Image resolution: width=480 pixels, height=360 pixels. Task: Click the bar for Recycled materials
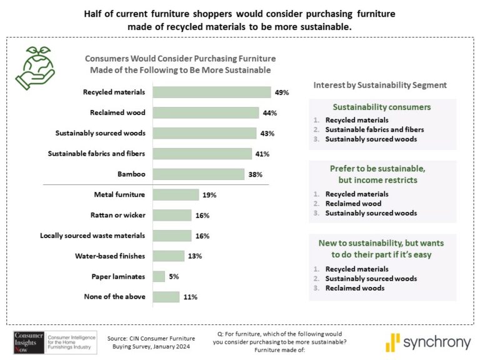pyautogui.click(x=211, y=92)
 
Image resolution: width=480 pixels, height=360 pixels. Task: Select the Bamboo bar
pyautogui.click(x=198, y=174)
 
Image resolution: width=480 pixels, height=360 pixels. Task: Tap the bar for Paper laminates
pyautogui.click(x=159, y=276)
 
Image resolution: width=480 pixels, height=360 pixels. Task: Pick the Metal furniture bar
pyautogui.click(x=176, y=195)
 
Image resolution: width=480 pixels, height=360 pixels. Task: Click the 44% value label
pyautogui.click(x=269, y=113)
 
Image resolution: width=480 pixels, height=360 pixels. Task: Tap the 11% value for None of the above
pyautogui.click(x=190, y=297)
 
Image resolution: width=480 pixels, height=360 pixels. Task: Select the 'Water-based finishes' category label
pyautogui.click(x=110, y=256)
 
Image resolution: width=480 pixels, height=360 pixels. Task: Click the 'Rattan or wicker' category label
pyautogui.click(x=118, y=216)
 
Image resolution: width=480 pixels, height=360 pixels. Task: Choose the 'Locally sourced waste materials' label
pyautogui.click(x=92, y=236)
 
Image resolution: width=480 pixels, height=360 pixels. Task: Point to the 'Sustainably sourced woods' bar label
pyautogui.click(x=100, y=133)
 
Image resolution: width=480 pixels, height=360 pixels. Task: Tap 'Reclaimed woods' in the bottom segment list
pyautogui.click(x=351, y=288)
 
